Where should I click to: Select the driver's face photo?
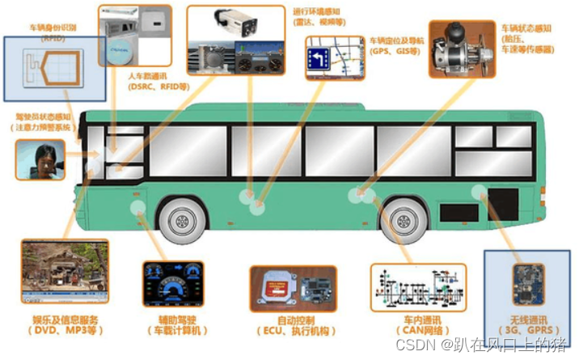point(40,159)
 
